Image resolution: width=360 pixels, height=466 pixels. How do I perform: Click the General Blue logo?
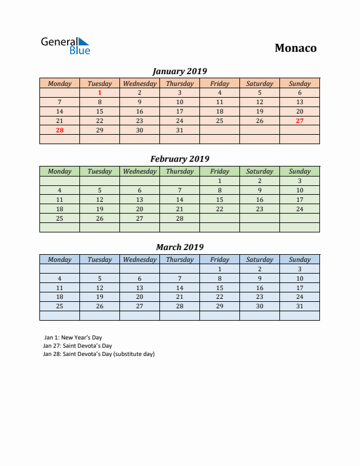(65, 46)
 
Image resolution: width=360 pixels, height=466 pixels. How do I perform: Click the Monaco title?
(295, 48)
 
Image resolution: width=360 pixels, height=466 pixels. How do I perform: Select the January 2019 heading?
(179, 71)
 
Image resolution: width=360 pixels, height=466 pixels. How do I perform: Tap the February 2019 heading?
(179, 159)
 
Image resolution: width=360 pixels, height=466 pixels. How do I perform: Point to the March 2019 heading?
(179, 247)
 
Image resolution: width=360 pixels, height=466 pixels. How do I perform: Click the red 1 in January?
(99, 92)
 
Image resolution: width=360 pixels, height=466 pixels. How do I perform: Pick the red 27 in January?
(299, 121)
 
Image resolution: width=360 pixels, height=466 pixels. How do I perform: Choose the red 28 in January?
(59, 130)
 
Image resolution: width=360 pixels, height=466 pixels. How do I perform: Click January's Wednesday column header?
(139, 84)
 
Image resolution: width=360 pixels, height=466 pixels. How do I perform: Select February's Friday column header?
(219, 171)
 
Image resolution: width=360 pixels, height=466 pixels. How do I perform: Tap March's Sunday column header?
(299, 259)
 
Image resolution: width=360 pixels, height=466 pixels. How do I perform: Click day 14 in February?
(179, 199)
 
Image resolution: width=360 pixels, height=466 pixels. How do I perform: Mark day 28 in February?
(179, 218)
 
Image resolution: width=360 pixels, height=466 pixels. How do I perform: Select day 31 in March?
(299, 306)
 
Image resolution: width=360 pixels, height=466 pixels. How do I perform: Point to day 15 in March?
(219, 288)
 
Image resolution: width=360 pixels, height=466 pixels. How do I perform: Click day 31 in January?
(179, 130)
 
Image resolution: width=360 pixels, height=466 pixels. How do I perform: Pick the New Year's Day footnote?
(69, 338)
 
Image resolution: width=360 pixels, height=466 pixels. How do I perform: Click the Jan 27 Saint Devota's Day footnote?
(77, 346)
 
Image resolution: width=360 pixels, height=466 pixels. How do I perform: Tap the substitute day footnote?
(99, 354)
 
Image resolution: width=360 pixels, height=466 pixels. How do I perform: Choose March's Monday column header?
(59, 259)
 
